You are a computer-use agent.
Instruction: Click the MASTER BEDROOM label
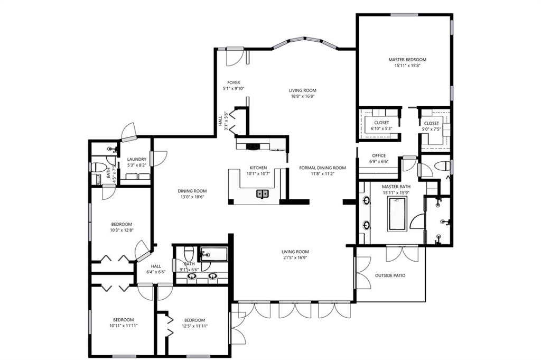(x=407, y=60)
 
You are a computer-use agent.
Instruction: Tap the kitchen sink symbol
(x=263, y=193)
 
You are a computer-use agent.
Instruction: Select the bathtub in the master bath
(x=398, y=214)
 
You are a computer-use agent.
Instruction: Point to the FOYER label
(x=234, y=82)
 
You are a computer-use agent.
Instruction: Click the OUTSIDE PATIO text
(x=390, y=275)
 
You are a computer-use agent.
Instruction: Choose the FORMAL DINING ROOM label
(x=322, y=168)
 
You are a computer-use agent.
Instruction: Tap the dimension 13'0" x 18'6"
(x=192, y=197)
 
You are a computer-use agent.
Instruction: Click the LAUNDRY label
(x=137, y=159)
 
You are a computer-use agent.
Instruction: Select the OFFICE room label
(x=379, y=155)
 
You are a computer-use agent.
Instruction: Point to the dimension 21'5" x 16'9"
(x=295, y=257)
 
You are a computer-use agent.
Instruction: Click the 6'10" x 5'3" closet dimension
(x=381, y=128)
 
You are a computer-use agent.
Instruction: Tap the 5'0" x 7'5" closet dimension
(x=431, y=129)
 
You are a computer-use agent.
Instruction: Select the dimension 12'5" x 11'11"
(x=194, y=326)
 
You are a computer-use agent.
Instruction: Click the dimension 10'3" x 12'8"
(x=122, y=230)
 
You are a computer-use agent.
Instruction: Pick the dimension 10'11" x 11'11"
(x=124, y=326)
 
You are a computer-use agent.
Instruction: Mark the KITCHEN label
(x=258, y=168)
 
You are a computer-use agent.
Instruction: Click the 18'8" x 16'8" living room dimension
(x=303, y=96)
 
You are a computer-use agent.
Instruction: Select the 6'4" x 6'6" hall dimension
(x=156, y=272)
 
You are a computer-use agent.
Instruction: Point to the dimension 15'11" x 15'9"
(x=396, y=192)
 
